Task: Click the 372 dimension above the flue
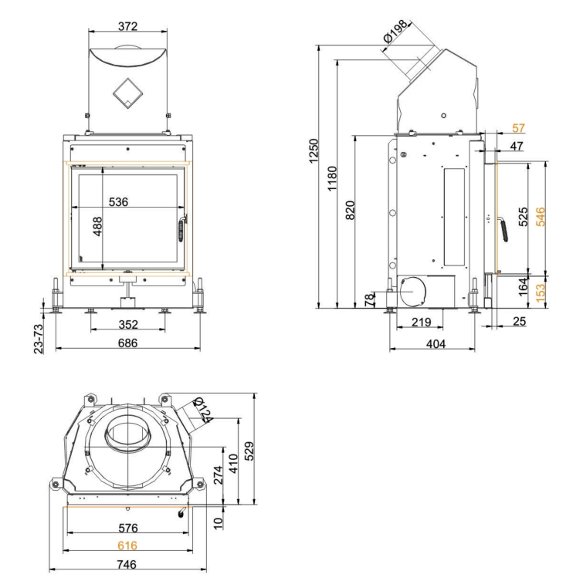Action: tap(128, 27)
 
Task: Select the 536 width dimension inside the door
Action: tap(118, 202)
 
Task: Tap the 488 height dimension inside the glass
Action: tap(98, 231)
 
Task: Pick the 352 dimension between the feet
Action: tap(128, 324)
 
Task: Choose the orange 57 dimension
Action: tap(518, 127)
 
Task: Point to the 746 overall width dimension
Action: tap(128, 564)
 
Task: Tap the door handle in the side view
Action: tap(502, 228)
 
